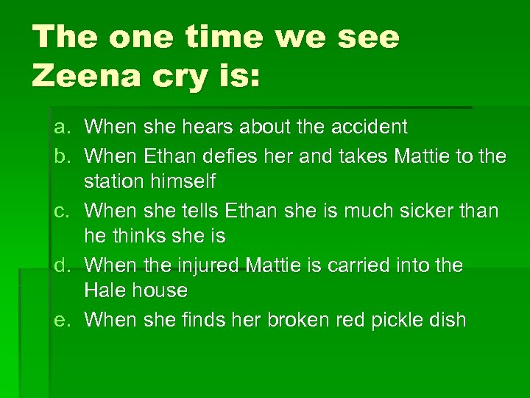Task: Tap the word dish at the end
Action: click(446, 320)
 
